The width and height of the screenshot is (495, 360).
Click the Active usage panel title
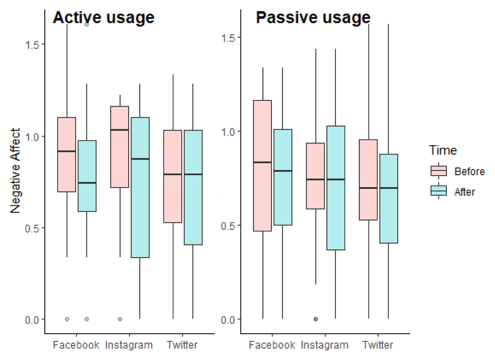coord(103,17)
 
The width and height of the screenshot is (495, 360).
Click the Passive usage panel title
coord(313,18)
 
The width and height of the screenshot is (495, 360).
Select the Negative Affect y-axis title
coord(15,171)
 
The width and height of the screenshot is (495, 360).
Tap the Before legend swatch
coord(438,171)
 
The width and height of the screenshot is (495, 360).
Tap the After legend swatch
coord(438,191)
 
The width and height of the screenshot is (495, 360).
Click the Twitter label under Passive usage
coord(378,345)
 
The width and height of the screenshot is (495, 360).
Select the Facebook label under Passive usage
coord(272,345)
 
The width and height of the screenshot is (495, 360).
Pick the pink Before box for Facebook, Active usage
coord(66,155)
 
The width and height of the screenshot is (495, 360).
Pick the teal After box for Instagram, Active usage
coord(140,188)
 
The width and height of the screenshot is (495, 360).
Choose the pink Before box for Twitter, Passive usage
coord(368,180)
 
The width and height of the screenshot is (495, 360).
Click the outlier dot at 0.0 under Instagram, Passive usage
coord(316,319)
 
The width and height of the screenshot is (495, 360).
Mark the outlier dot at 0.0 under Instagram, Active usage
coord(120,319)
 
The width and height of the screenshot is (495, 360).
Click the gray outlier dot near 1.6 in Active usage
coord(87,24)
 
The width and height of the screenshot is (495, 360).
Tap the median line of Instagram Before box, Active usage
coord(120,130)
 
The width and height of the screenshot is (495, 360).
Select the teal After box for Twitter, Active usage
coord(193,188)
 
